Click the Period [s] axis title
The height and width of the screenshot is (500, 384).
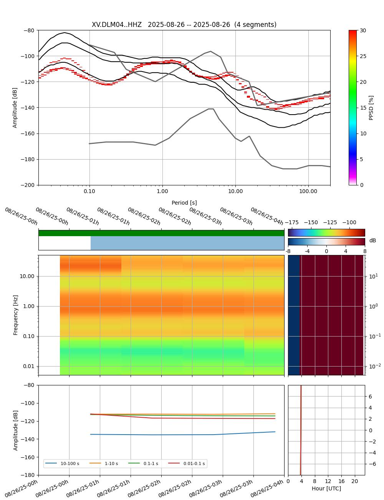pyautogui.click(x=184, y=203)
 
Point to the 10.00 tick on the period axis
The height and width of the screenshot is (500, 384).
pyautogui.click(x=235, y=191)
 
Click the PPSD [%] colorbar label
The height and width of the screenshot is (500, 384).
pyautogui.click(x=371, y=108)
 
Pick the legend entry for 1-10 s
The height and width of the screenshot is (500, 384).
pyautogui.click(x=111, y=463)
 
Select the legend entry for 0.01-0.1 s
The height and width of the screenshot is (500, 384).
pyautogui.click(x=194, y=463)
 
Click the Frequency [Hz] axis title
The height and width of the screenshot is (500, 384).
pyautogui.click(x=16, y=315)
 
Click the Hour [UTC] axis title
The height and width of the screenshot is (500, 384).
pyautogui.click(x=326, y=488)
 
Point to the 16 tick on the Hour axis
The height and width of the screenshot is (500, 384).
pyautogui.click(x=341, y=481)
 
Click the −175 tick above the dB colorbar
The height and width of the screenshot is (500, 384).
pyautogui.click(x=292, y=222)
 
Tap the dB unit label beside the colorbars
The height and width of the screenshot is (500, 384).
pyautogui.click(x=372, y=241)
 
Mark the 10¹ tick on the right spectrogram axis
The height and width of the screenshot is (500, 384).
pyautogui.click(x=373, y=276)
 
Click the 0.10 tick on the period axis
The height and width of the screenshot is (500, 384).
pyautogui.click(x=89, y=191)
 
